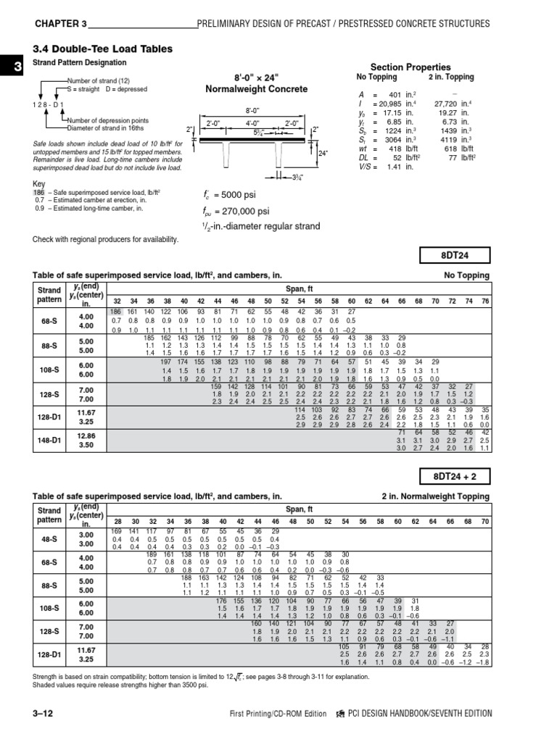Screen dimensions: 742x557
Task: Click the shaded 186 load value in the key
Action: tap(38, 192)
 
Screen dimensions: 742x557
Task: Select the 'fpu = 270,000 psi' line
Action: tap(227, 211)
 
